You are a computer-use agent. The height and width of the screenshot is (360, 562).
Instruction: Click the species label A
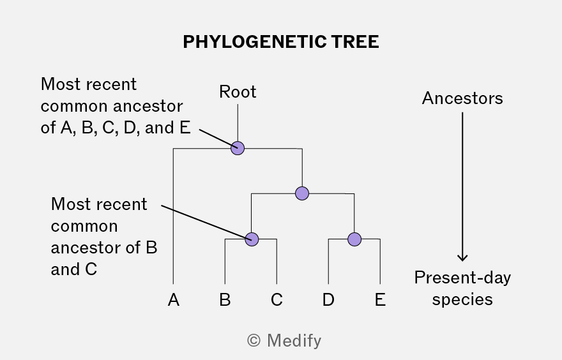[174, 299]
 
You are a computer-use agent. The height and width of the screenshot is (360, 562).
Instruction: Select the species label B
[225, 299]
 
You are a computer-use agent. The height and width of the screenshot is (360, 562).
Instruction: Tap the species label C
[277, 299]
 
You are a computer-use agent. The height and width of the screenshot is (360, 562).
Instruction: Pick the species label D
[328, 299]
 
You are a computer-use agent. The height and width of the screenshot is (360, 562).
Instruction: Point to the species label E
[380, 299]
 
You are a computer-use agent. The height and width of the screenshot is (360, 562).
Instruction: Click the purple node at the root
[238, 148]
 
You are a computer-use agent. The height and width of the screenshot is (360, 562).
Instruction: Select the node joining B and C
[252, 239]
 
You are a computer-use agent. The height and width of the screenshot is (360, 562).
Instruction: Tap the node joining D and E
[354, 239]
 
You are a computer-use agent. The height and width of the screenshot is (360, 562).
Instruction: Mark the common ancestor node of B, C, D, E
[302, 193]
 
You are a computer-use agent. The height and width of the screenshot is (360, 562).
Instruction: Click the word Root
[238, 92]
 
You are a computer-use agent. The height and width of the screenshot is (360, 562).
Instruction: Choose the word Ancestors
[462, 98]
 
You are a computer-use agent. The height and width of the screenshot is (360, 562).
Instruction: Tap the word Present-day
[462, 278]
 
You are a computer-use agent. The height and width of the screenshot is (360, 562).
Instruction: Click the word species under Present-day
[462, 299]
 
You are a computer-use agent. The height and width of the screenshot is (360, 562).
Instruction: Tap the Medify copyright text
[284, 341]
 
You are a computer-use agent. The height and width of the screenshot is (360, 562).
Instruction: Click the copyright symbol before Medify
[254, 341]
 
